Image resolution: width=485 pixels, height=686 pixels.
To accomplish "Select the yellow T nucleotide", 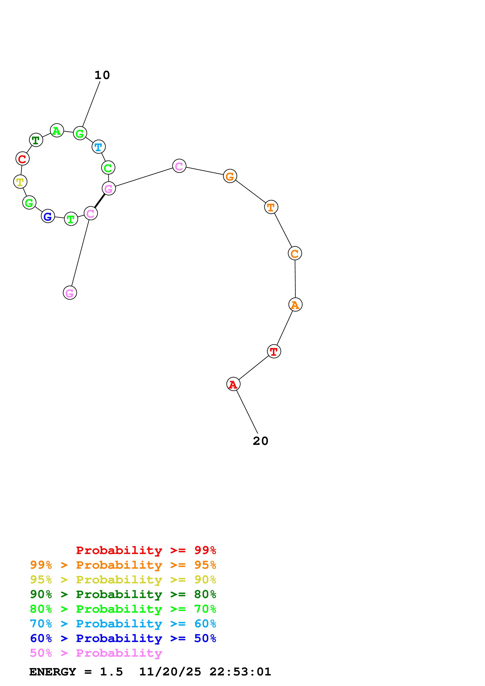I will coord(20,182).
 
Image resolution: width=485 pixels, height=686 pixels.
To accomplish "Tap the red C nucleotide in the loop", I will coord(22,158).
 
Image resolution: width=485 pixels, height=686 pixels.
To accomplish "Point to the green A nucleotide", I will coord(57,131).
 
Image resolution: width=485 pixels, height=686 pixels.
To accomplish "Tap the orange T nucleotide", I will coord(271,207).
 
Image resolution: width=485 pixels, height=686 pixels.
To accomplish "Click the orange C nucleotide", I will coord(295,253).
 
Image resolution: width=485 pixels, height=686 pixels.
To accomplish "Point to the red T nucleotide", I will coord(274,351).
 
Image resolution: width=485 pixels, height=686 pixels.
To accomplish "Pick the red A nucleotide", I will coord(233,384).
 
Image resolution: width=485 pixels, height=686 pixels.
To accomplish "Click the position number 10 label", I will coord(102,75).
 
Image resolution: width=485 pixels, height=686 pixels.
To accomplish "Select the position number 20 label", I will coord(260,441).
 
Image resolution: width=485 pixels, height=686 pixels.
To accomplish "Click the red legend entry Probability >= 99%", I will coord(146,550).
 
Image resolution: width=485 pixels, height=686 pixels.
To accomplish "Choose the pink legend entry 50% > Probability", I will coord(96,653).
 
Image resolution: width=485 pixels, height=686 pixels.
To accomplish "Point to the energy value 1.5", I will coord(111,672).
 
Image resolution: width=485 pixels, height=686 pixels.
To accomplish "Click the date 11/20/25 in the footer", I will coord(170,672).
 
